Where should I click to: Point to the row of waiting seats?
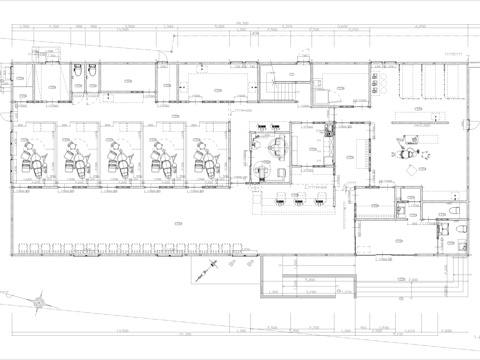[130, 244]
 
